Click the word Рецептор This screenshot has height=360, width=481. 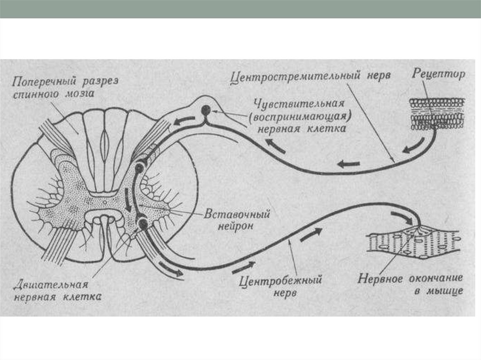pyautogui.click(x=439, y=74)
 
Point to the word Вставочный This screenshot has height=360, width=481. pyautogui.click(x=237, y=215)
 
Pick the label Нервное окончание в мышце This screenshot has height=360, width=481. pyautogui.click(x=411, y=284)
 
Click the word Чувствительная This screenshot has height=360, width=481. pyautogui.click(x=299, y=104)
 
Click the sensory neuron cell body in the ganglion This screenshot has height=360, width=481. pyautogui.click(x=206, y=111)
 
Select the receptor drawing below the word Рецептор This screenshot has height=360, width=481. pyautogui.click(x=436, y=114)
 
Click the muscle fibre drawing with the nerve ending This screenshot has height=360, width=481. pyautogui.click(x=413, y=244)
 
